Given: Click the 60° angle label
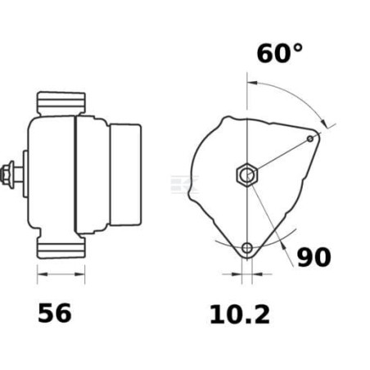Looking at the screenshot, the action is (280, 53).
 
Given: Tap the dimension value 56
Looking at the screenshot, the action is (55, 313).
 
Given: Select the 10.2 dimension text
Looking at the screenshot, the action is (240, 314).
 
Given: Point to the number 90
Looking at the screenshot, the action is (314, 257).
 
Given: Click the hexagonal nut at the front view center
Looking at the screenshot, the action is (247, 174).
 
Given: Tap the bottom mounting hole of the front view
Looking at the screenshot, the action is (247, 248).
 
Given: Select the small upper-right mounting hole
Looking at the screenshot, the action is (310, 138).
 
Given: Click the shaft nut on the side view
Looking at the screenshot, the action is (7, 174).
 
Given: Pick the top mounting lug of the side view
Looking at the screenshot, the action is (61, 104).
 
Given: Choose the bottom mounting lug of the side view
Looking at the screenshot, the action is (61, 247).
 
